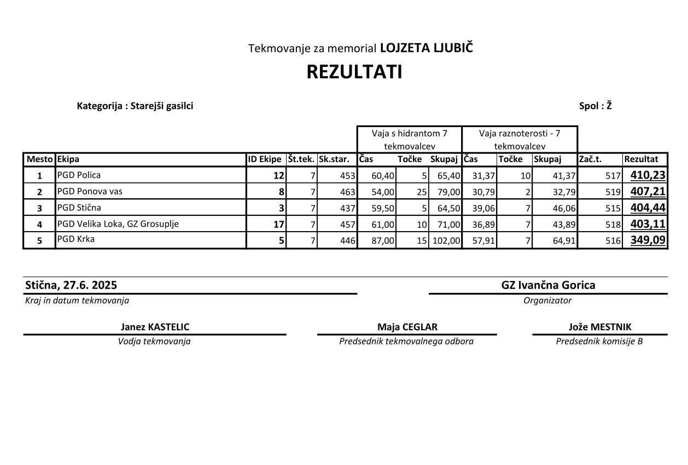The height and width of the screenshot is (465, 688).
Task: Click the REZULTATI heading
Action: pyautogui.click(x=354, y=72)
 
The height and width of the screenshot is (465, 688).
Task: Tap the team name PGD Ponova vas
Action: pyautogui.click(x=90, y=192)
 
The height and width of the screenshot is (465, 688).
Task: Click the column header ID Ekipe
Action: pyautogui.click(x=265, y=159)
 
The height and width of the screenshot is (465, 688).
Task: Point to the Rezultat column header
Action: pyautogui.click(x=641, y=159)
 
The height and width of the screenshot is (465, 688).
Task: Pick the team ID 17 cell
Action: pyautogui.click(x=278, y=224)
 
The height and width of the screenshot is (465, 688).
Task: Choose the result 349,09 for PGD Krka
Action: pyautogui.click(x=648, y=240)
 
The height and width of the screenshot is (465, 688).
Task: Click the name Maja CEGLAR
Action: pyautogui.click(x=407, y=327)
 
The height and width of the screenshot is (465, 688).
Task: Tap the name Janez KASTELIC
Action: pyautogui.click(x=155, y=327)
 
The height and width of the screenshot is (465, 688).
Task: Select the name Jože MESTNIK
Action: pyautogui.click(x=599, y=327)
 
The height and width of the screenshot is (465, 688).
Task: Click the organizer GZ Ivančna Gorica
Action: pyautogui.click(x=548, y=285)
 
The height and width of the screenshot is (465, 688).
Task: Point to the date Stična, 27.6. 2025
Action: pyautogui.click(x=71, y=285)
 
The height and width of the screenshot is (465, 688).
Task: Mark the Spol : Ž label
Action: pyautogui.click(x=595, y=106)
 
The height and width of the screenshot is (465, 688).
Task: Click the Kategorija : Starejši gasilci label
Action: pyautogui.click(x=135, y=106)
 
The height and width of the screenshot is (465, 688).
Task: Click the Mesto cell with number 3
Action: pyautogui.click(x=39, y=208)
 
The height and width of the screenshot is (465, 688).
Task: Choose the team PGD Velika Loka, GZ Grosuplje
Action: pyautogui.click(x=118, y=223)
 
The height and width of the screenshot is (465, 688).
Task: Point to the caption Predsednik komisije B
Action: pyautogui.click(x=599, y=341)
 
